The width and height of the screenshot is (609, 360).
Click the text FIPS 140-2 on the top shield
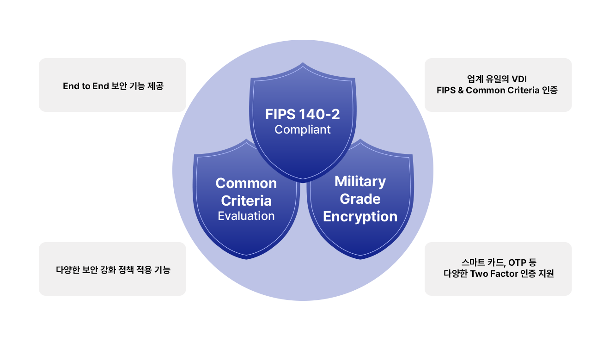point(303,114)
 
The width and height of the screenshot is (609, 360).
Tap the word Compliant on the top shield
point(303,130)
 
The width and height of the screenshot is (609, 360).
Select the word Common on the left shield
point(246,183)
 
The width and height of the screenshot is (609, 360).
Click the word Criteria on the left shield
point(246,201)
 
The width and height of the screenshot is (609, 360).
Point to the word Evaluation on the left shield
point(246,216)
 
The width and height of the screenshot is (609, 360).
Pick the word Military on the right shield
point(360,182)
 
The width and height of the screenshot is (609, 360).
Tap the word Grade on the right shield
point(360,199)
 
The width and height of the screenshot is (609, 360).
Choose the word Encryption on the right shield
point(360,216)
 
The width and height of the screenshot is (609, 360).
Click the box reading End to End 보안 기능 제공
point(113,85)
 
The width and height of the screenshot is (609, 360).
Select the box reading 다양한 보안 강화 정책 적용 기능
point(113,269)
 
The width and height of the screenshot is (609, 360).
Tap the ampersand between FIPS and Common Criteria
point(461,91)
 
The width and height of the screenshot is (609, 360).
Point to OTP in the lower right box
point(516,263)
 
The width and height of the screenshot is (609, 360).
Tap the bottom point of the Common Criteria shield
point(247,258)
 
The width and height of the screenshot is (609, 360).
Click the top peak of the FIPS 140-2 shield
point(303,62)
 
